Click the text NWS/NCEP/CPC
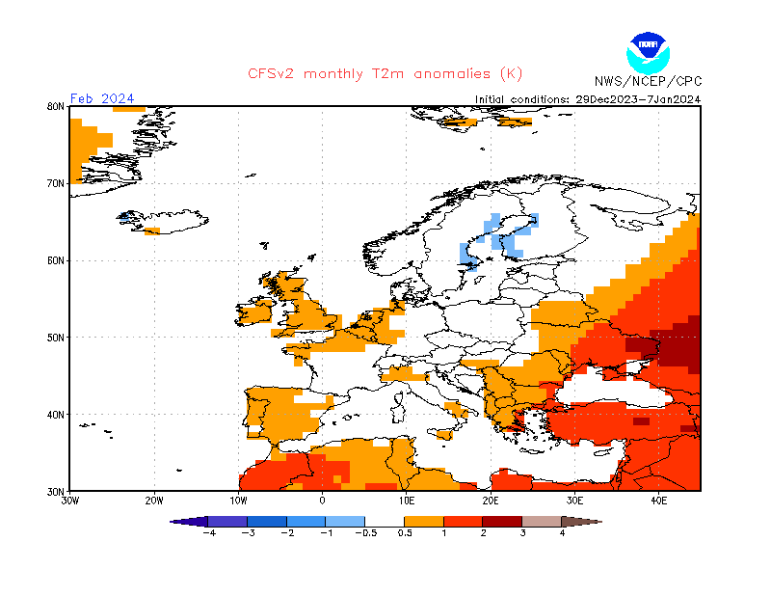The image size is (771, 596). coord(647,81)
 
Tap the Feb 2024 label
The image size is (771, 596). coord(102,98)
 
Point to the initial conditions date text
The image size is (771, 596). coord(588,98)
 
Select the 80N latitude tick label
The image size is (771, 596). coord(55,106)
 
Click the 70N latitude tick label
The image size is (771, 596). coord(55,183)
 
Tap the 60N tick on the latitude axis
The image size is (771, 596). coord(55,260)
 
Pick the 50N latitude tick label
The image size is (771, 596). coord(55,338)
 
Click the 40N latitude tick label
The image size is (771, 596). coord(55,415)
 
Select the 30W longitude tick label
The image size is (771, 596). coord(69,501)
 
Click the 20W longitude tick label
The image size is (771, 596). coord(153,501)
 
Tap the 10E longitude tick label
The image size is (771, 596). coord(406,501)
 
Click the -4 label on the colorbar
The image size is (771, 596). coord(207,532)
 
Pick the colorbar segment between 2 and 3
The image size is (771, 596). coord(502,521)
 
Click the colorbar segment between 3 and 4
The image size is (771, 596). coord(542,521)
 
